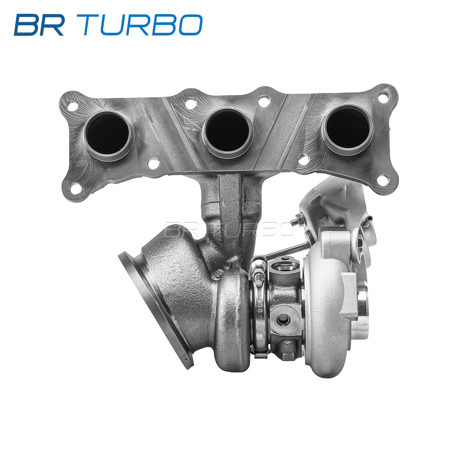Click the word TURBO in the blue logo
[x=143, y=25]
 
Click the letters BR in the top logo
[x=39, y=25]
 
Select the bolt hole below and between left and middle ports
[x=153, y=164]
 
